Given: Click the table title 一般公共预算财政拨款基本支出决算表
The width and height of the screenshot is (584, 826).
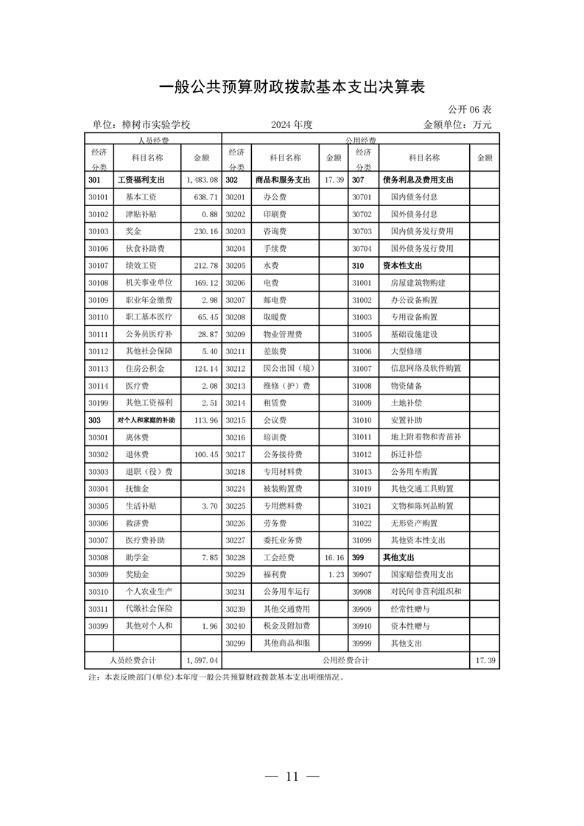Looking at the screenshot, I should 292,87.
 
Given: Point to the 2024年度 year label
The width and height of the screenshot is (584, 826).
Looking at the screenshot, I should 292,124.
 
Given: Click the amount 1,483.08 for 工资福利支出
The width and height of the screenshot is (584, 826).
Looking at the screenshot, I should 202,180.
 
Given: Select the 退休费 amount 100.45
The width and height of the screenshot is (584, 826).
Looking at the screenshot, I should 203,454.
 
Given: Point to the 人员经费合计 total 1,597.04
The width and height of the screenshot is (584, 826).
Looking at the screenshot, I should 202,661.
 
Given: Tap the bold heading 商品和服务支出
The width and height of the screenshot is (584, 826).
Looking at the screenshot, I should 283,180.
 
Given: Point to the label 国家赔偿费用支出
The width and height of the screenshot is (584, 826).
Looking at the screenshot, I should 422,574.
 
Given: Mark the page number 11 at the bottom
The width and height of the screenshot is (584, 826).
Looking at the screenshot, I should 292,777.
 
